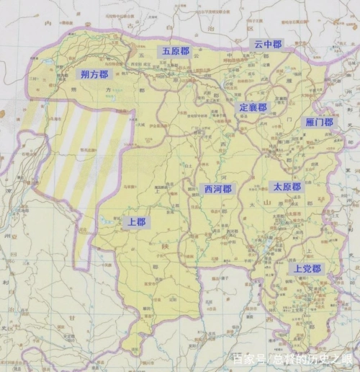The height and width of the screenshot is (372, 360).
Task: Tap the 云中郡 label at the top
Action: [268, 44]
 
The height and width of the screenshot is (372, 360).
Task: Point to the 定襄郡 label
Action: [253, 107]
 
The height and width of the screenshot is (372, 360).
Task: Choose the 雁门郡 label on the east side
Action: [319, 123]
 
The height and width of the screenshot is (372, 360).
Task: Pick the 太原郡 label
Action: [287, 186]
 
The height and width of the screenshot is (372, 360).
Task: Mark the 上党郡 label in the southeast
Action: [306, 268]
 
